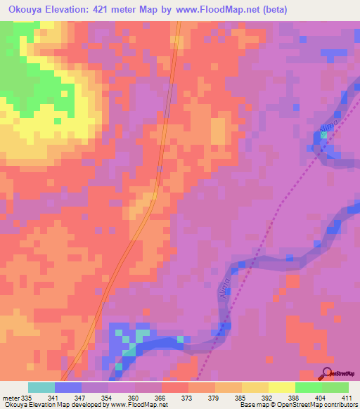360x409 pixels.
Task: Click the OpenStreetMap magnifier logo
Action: click(x=326, y=374)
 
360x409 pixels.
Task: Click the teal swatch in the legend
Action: click(x=41, y=388)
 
